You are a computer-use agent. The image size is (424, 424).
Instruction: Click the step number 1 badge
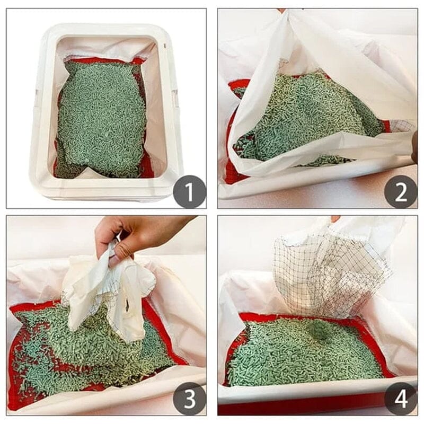point(189,191)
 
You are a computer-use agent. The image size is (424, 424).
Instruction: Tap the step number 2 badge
point(400,191)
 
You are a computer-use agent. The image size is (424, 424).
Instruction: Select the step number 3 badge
point(189,398)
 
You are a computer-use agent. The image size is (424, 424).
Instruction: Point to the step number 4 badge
point(400,398)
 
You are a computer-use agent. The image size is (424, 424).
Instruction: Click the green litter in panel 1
point(101,117)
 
